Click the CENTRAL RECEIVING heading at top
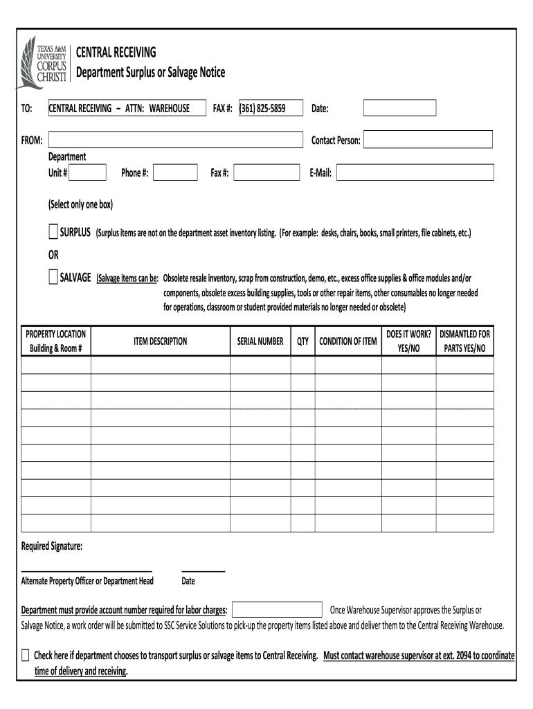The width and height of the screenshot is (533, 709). (x=116, y=53)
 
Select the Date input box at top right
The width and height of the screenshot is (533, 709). (x=400, y=108)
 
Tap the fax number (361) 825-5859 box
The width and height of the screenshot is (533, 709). (x=271, y=108)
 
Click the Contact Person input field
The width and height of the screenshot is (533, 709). (x=428, y=141)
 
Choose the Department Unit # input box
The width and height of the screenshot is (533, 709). (x=88, y=172)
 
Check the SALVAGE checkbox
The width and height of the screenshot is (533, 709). (x=53, y=278)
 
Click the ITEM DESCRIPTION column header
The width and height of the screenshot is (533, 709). (x=160, y=341)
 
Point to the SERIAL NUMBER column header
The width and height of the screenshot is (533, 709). (x=260, y=341)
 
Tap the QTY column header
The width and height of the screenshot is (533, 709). (x=302, y=341)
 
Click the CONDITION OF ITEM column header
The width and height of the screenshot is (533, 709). (x=347, y=341)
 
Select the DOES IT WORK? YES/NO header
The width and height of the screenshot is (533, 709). (x=408, y=341)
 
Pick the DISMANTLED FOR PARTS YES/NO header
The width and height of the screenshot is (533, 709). (x=465, y=341)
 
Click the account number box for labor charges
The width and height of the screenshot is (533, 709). (x=278, y=610)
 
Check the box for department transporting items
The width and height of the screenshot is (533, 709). (x=26, y=655)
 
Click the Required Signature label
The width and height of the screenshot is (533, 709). (x=52, y=547)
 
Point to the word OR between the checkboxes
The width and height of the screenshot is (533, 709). (x=53, y=255)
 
